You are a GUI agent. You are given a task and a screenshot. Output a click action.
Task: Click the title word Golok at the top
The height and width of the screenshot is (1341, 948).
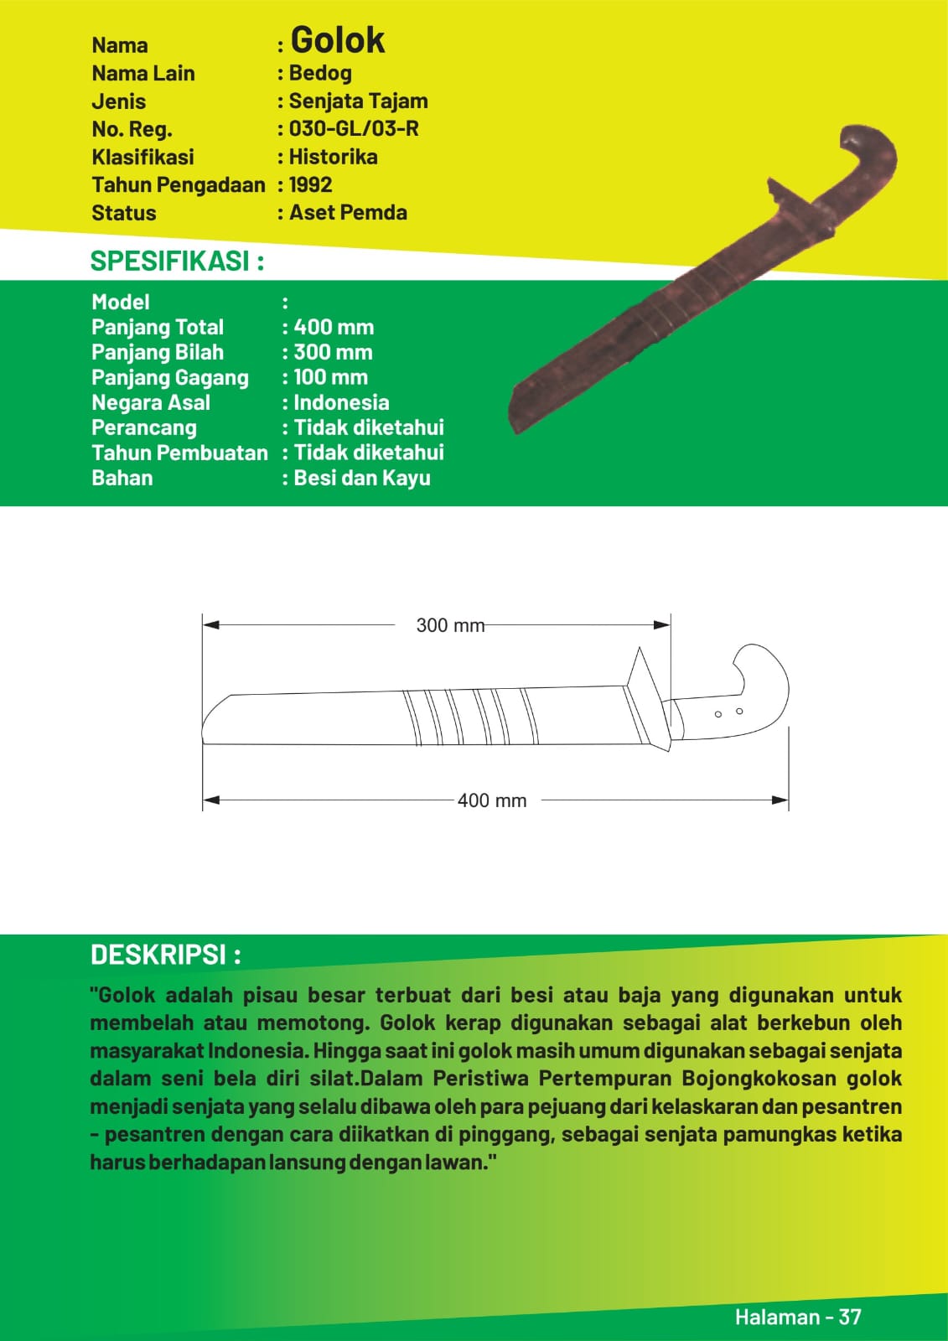click(337, 40)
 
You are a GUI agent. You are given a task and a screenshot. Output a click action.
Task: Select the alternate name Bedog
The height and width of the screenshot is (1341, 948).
click(320, 74)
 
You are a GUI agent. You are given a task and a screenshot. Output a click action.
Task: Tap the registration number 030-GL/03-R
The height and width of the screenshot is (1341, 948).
click(354, 129)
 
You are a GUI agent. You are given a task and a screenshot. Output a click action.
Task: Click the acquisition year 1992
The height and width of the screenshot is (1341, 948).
click(310, 184)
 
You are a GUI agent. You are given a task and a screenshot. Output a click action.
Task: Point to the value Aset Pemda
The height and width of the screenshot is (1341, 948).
click(348, 213)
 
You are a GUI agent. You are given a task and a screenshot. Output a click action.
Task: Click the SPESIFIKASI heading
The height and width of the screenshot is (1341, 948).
click(177, 261)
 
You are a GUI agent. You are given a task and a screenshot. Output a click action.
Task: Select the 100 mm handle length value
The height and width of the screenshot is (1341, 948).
click(330, 377)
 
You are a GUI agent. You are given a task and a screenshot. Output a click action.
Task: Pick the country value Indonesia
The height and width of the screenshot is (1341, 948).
click(341, 402)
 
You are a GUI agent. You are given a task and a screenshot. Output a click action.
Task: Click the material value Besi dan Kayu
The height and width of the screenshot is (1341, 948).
click(362, 478)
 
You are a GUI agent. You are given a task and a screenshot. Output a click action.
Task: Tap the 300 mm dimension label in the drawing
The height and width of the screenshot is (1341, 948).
click(450, 625)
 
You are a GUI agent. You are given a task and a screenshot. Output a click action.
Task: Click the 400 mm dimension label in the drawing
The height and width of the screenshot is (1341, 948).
click(492, 800)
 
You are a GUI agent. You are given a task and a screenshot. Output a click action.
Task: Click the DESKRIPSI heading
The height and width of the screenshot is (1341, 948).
click(166, 955)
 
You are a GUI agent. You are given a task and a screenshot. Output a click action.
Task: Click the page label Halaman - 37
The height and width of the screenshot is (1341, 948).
click(798, 1317)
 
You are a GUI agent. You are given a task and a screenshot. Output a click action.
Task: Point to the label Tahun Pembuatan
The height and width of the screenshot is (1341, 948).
click(179, 453)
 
